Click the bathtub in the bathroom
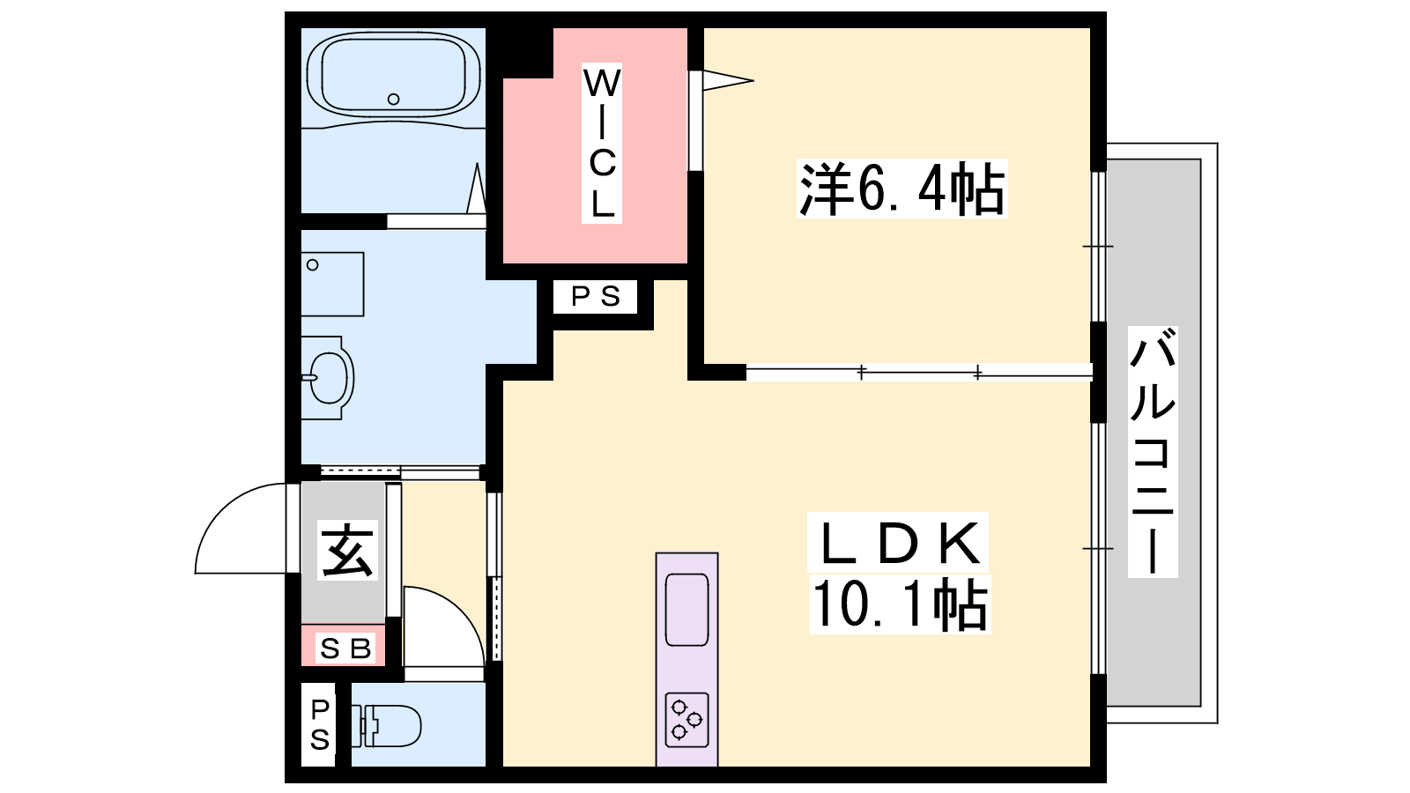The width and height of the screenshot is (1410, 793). click(393, 75)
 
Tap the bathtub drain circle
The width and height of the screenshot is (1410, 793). click(393, 99)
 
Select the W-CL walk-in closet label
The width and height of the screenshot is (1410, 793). click(602, 143)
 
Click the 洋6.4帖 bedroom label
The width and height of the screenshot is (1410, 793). click(902, 189)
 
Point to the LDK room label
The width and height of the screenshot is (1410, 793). click(899, 543)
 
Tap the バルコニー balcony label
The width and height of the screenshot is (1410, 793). click(1153, 451)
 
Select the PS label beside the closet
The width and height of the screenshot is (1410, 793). click(596, 296)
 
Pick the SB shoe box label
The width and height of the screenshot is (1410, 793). click(345, 648)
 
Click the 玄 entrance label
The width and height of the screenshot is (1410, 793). click(347, 550)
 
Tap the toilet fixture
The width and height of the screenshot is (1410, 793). click(386, 725)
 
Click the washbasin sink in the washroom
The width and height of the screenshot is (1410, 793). click(327, 378)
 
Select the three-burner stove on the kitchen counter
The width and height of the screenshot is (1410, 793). click(686, 719)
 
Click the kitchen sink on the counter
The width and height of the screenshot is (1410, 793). click(686, 610)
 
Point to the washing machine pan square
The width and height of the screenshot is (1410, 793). click(332, 284)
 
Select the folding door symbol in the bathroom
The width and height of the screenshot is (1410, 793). click(477, 189)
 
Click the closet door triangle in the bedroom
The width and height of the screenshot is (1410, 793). click(728, 80)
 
